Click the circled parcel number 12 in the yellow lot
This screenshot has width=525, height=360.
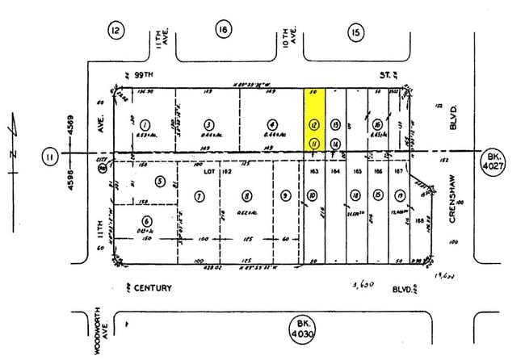point(313,125)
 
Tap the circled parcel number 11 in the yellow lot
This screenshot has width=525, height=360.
point(313,143)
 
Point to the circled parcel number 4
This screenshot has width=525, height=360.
point(273,125)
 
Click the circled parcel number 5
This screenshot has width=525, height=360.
point(160,181)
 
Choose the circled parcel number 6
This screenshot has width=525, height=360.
point(146,221)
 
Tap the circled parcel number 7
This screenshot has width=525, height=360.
point(199,196)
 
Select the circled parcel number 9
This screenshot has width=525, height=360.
point(285,196)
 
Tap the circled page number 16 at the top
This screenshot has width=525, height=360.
point(222,30)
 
